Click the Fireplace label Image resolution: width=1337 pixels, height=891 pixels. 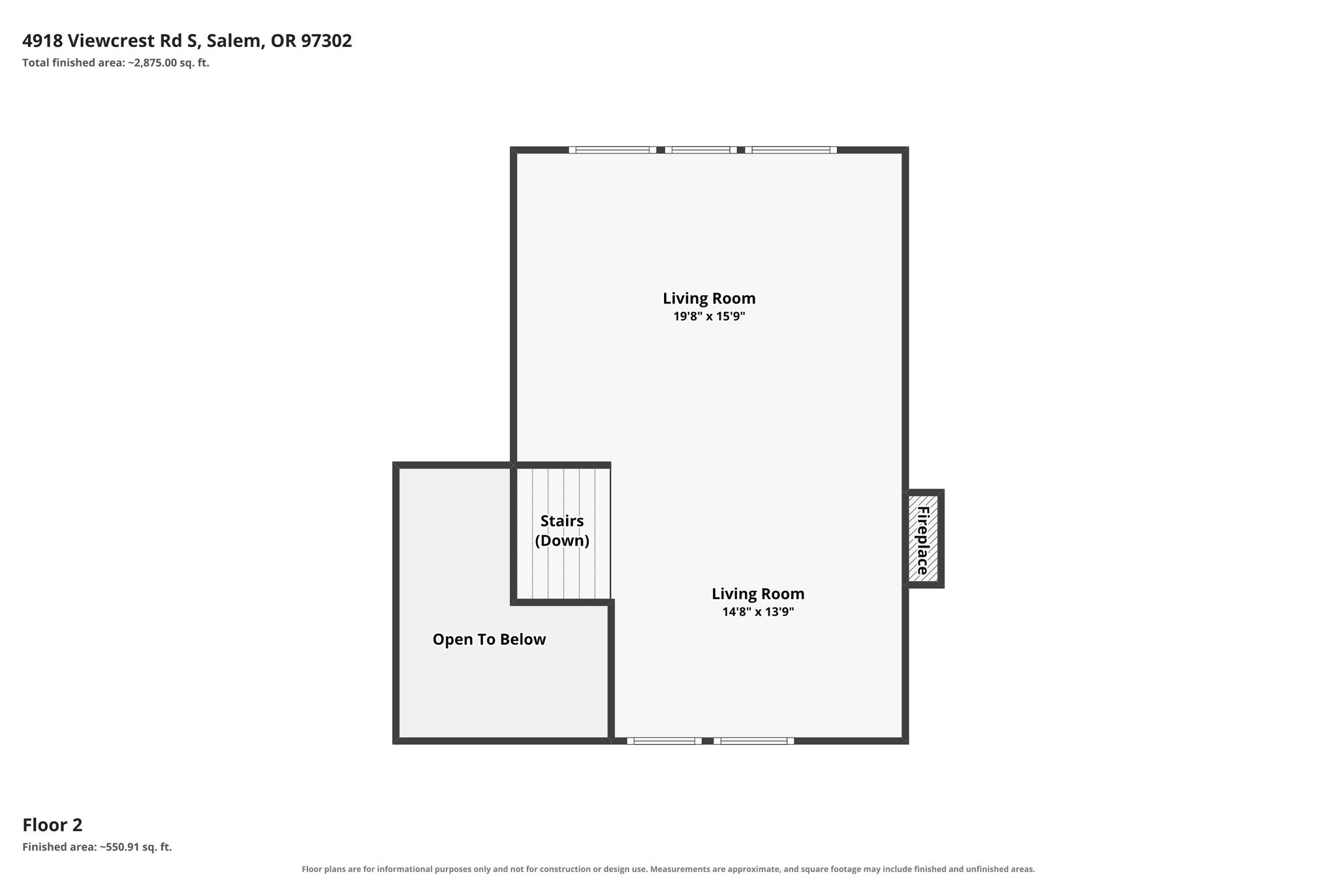[x=922, y=540]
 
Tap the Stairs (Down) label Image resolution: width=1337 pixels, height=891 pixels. [x=562, y=531]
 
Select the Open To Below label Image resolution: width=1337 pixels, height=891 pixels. [x=489, y=640]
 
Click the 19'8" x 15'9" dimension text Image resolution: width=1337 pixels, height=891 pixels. [x=709, y=317]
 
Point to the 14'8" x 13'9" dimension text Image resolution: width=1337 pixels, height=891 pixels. [x=758, y=612]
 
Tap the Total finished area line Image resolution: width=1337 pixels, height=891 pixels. [x=116, y=63]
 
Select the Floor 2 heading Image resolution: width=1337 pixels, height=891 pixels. [x=52, y=825]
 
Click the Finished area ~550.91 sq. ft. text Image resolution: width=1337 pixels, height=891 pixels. [x=97, y=847]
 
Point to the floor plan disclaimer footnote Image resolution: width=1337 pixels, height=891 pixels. [x=668, y=869]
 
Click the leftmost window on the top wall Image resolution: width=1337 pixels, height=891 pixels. [x=612, y=150]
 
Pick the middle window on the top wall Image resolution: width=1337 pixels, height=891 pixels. [x=700, y=150]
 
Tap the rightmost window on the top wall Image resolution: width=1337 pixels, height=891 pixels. [x=791, y=150]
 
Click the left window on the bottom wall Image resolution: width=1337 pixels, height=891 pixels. [x=664, y=741]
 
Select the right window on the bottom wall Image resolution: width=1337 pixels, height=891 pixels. [x=753, y=741]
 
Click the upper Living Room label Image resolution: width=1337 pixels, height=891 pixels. [x=709, y=298]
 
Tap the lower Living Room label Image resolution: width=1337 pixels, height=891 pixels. [x=758, y=594]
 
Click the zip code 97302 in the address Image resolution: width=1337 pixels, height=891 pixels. [x=326, y=41]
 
